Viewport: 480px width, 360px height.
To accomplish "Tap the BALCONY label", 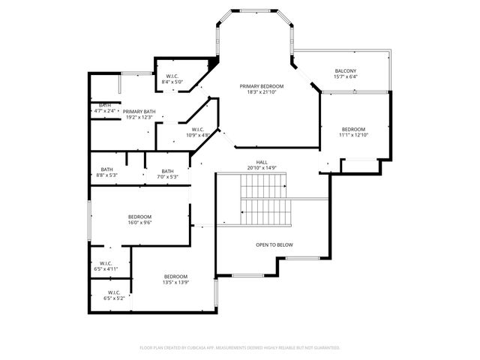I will pos(345,70).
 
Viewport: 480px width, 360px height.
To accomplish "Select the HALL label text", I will pos(262,161).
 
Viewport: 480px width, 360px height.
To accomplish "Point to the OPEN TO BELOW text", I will pos(274,245).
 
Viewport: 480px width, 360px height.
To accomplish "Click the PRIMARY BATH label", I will pos(139,111).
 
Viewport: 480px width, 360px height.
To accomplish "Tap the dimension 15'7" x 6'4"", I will pos(345,76).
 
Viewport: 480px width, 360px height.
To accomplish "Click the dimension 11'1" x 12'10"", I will pos(353,135).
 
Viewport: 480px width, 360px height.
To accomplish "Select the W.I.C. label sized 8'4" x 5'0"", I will pos(172,76).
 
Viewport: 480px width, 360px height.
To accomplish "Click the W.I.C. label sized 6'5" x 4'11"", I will pos(106,262).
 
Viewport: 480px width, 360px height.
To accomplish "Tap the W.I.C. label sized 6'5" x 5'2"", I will pos(114,292).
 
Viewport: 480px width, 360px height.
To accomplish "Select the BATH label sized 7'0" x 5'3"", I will pos(167,170).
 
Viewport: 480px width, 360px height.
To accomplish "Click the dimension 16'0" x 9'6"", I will pos(139,223).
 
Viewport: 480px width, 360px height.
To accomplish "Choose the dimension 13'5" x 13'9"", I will pos(175,282).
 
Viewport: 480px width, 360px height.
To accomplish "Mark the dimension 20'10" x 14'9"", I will pos(262,167).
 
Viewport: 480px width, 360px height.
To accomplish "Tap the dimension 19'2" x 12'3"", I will pos(139,117).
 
